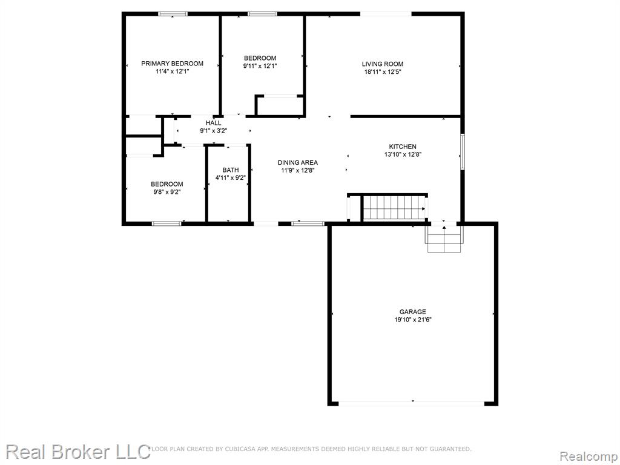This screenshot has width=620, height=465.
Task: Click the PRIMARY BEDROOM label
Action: pos(173,63)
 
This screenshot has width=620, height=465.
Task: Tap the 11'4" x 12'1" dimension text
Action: pos(173,71)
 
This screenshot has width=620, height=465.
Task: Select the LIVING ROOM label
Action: pos(383,64)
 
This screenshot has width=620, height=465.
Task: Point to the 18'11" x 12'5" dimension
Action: pos(383,72)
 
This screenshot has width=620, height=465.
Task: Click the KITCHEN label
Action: pos(403,147)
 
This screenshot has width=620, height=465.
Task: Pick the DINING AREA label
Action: pos(298,162)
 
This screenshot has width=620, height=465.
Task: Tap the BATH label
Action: pos(231,170)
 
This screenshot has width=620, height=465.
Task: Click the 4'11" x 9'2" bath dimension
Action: pos(231,178)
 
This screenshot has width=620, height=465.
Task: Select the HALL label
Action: pos(214,122)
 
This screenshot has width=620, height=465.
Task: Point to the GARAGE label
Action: pos(413,312)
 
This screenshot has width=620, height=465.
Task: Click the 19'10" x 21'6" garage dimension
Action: pos(413,320)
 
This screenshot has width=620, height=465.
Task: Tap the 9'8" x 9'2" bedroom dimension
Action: pos(167,192)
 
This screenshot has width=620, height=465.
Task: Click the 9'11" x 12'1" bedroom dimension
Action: pos(260,66)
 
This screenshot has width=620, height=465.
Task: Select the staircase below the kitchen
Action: pos(395,208)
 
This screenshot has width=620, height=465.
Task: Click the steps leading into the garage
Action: pos(444,239)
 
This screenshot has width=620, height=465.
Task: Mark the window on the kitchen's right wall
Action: pos(462,152)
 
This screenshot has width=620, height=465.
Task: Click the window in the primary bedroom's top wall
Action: pos(173,14)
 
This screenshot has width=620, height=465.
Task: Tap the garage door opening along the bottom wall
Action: pos(412,403)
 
